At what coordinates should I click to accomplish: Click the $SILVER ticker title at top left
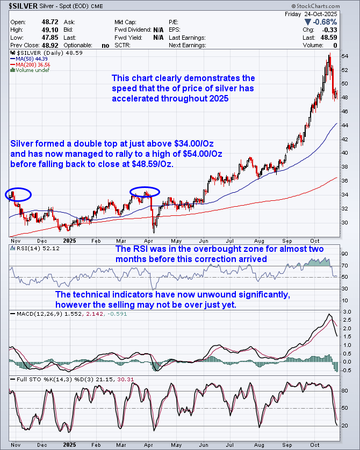click(21, 6)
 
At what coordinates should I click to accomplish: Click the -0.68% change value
click(323, 22)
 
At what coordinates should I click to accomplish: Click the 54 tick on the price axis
click(345, 56)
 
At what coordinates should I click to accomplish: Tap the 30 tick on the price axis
click(345, 223)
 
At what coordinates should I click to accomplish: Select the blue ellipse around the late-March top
click(145, 191)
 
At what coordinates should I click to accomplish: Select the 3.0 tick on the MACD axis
click(347, 311)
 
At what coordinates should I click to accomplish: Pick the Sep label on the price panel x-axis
click(285, 241)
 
